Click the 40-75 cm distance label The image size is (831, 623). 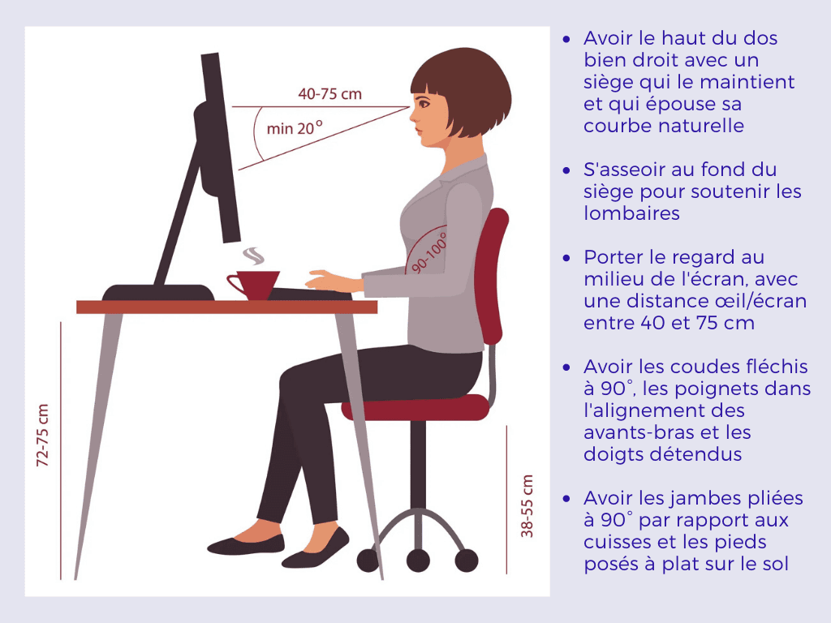point(329,94)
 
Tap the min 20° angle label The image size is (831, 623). point(295,128)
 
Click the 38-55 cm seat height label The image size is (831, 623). point(527,506)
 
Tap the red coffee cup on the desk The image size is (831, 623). point(254,283)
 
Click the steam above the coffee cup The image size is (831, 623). point(255,256)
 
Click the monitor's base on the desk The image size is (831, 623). point(158,292)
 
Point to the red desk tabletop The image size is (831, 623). point(226,307)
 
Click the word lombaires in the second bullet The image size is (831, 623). point(632,213)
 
